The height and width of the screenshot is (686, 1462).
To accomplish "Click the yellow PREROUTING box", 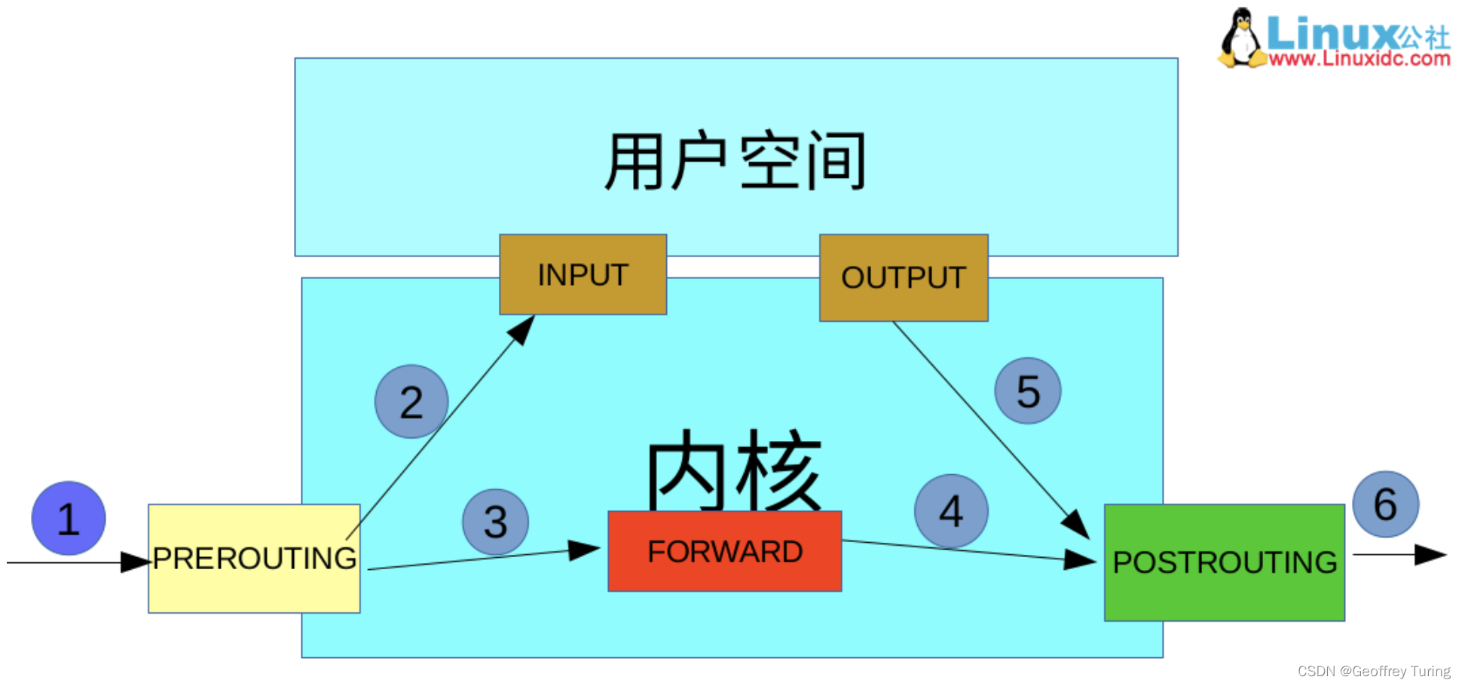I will (x=254, y=559).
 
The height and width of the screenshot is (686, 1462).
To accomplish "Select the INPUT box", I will (x=583, y=274).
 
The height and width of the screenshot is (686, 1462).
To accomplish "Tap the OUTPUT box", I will (x=904, y=277).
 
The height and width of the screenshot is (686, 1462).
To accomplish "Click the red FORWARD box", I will (x=724, y=551).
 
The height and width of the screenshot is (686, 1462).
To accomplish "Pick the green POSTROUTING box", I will (x=1224, y=562).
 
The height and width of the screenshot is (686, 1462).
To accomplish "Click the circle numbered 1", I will (x=69, y=519).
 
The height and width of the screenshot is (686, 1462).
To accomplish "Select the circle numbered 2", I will (x=411, y=402).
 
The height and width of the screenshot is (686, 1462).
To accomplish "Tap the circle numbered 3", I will (x=495, y=522).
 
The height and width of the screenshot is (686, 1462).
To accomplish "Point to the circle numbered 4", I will (x=951, y=511).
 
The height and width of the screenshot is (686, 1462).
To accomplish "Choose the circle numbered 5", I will (x=1028, y=391).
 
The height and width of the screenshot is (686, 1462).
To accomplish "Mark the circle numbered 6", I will (x=1385, y=504).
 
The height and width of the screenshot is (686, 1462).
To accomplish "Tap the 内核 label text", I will (x=733, y=471).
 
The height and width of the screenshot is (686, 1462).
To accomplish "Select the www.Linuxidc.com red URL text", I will (x=1359, y=59).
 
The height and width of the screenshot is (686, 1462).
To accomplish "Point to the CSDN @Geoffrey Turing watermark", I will (x=1373, y=671).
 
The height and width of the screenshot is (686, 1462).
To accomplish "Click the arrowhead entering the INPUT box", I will (x=522, y=329).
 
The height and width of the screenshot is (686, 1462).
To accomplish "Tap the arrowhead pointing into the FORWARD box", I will (x=584, y=550).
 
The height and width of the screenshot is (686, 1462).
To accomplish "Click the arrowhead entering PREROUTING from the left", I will (x=135, y=562).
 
